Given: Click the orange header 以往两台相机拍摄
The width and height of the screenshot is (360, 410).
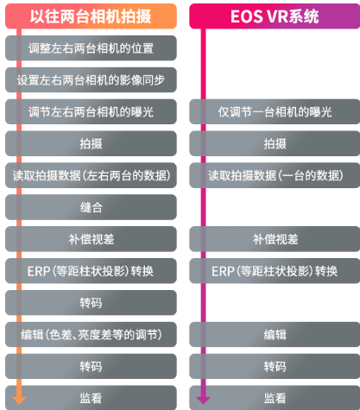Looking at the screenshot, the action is (91, 16).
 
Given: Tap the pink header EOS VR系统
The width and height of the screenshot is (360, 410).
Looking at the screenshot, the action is (275, 16).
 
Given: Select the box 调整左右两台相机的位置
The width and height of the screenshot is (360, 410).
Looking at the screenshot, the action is (91, 48).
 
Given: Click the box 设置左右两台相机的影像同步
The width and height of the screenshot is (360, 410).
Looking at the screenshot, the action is (91, 80).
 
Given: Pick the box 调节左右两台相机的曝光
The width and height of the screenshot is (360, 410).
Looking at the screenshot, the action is (91, 111).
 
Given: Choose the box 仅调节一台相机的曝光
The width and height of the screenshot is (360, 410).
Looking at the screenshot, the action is (275, 111).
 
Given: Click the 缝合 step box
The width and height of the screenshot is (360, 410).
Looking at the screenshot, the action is (91, 207).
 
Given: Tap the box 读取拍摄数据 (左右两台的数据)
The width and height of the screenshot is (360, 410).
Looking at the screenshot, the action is (91, 175).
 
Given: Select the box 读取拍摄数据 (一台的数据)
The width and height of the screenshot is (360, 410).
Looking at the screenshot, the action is (275, 175).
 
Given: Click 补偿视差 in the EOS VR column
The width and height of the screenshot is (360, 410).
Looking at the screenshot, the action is (275, 239).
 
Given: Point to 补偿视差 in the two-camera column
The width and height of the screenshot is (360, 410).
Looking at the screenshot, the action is (91, 239).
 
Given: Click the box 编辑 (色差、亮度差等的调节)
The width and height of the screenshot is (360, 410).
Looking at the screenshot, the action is (91, 335).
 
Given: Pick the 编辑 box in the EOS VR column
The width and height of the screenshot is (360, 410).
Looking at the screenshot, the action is (275, 335).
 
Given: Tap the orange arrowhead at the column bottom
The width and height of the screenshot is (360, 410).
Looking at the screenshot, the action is (19, 400).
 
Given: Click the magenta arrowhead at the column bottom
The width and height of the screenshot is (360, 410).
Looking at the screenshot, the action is (203, 400).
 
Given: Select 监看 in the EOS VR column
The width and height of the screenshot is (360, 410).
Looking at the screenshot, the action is (275, 398).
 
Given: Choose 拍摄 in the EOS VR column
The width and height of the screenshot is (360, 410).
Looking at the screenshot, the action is (275, 143).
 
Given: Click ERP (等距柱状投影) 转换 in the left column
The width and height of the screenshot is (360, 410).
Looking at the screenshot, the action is (91, 271).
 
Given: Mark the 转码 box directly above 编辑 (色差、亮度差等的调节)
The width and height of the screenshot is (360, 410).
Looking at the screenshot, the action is (91, 303).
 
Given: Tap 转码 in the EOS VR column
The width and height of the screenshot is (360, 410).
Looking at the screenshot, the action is (275, 366).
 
